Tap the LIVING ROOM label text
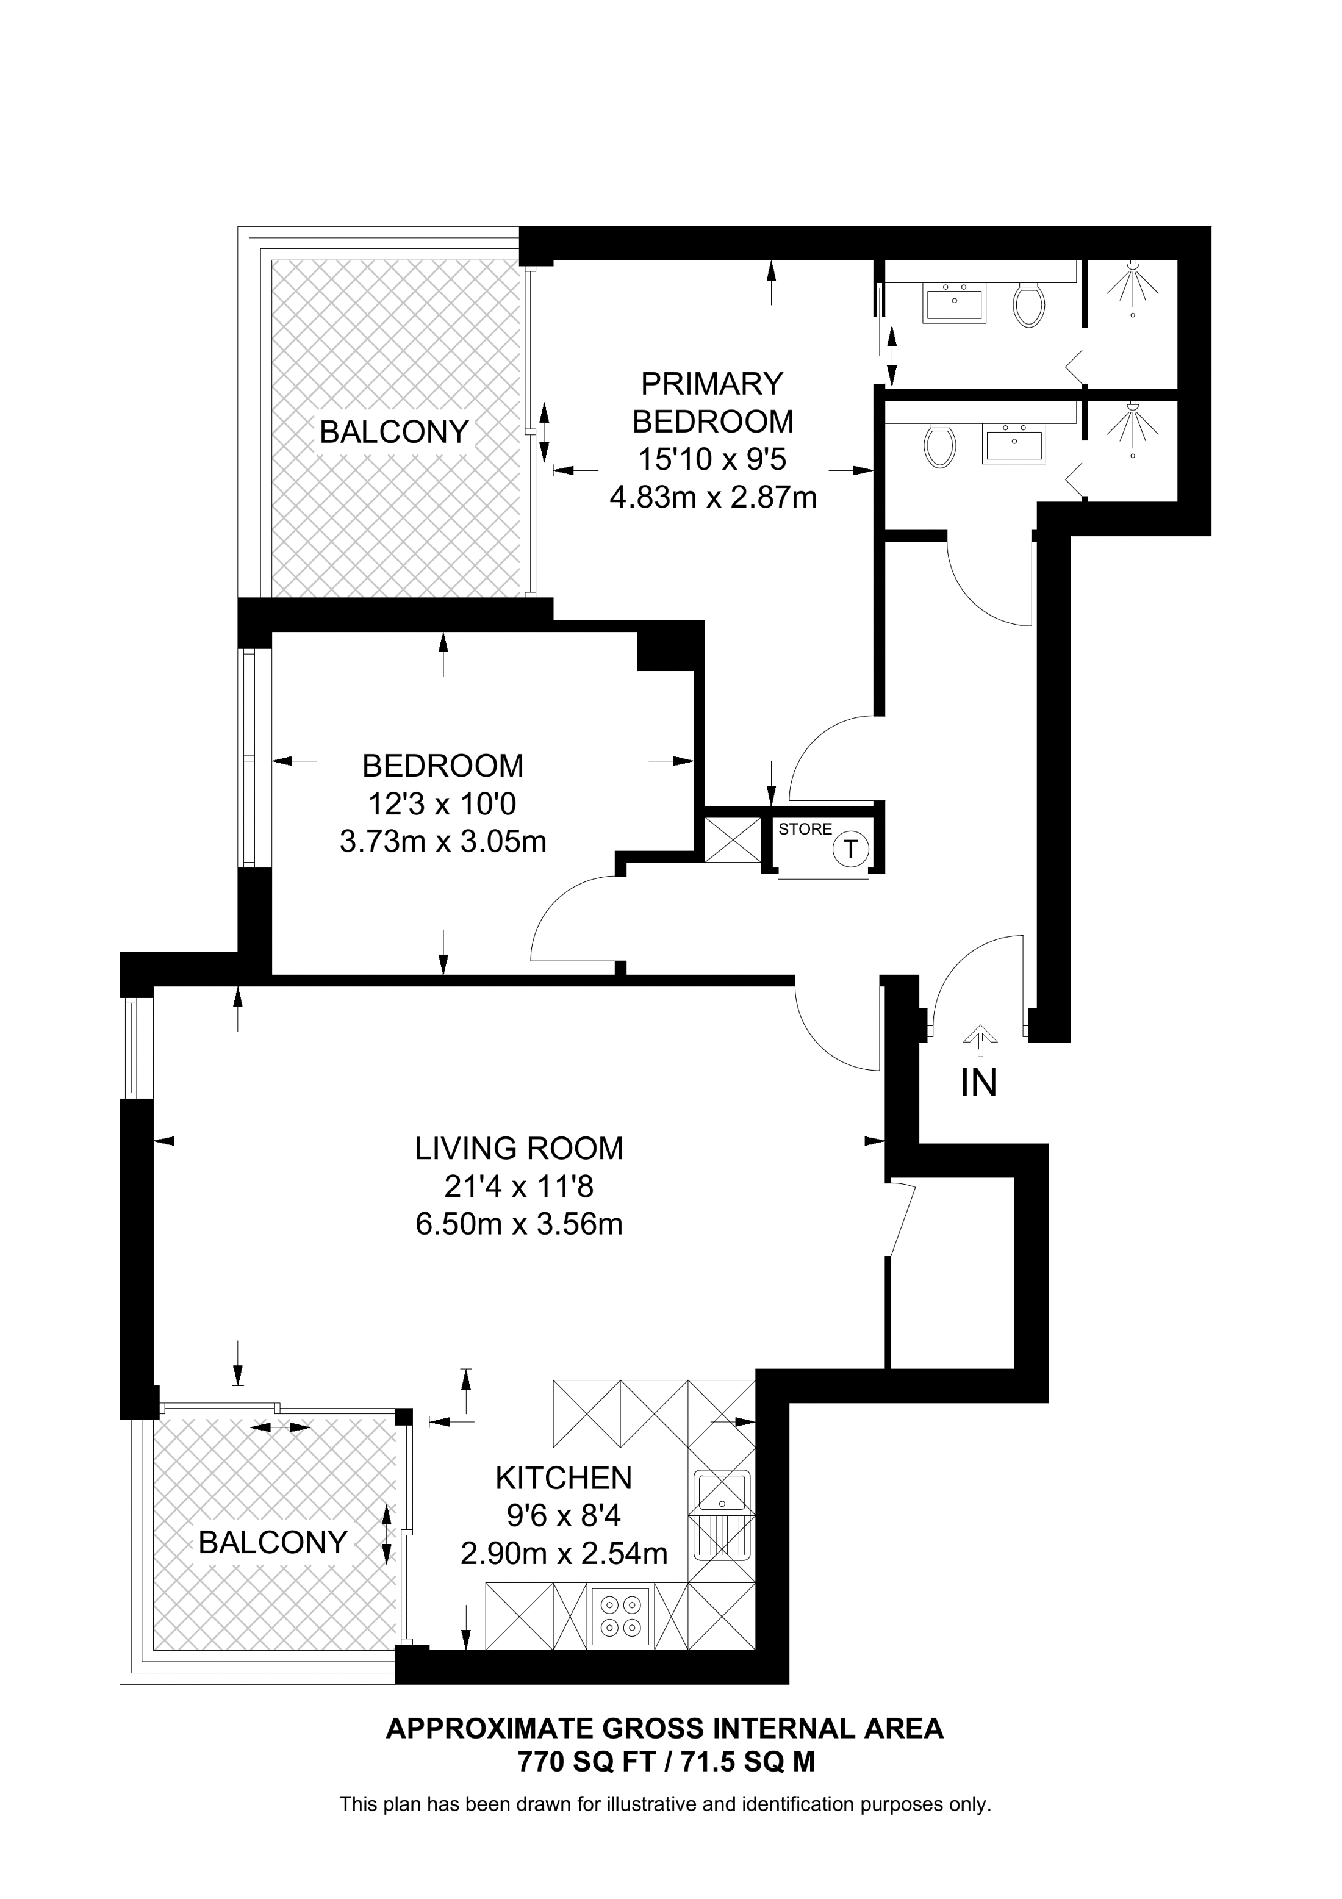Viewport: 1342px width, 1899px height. click(518, 1148)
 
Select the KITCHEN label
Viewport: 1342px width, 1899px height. click(563, 1477)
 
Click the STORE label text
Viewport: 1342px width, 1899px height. click(805, 829)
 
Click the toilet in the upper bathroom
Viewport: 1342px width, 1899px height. click(1028, 304)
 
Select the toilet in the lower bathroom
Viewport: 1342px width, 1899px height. click(940, 446)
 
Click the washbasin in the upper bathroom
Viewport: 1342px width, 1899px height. click(956, 302)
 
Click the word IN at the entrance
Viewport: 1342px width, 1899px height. click(978, 1083)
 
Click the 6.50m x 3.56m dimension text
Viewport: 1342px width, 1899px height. click(518, 1223)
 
